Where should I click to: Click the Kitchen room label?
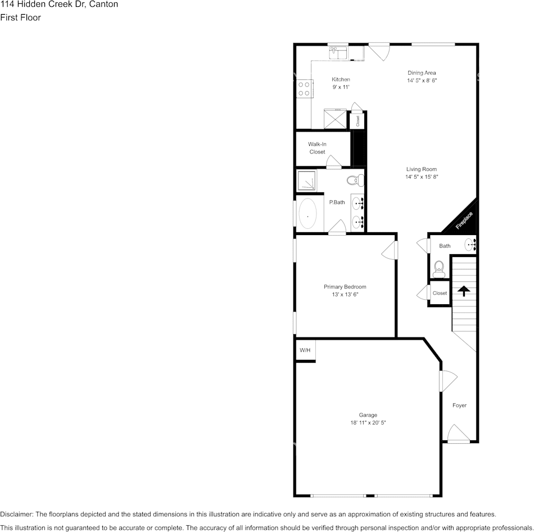(x=341, y=79)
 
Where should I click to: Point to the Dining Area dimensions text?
(x=422, y=81)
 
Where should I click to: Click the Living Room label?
(x=422, y=169)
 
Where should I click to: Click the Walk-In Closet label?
(x=317, y=148)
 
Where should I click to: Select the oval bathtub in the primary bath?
(x=307, y=214)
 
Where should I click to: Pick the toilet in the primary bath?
(x=355, y=181)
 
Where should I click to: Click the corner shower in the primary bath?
(x=307, y=181)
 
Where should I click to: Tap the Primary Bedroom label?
(x=345, y=287)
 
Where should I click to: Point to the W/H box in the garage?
(x=305, y=350)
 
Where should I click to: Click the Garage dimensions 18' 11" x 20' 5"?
(x=368, y=422)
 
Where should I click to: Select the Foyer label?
(x=459, y=405)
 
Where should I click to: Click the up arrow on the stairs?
(x=464, y=291)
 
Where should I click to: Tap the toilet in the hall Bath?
(x=438, y=269)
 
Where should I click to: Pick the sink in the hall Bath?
(x=470, y=245)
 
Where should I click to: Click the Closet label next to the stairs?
(x=440, y=293)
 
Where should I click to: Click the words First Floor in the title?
(x=20, y=17)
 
